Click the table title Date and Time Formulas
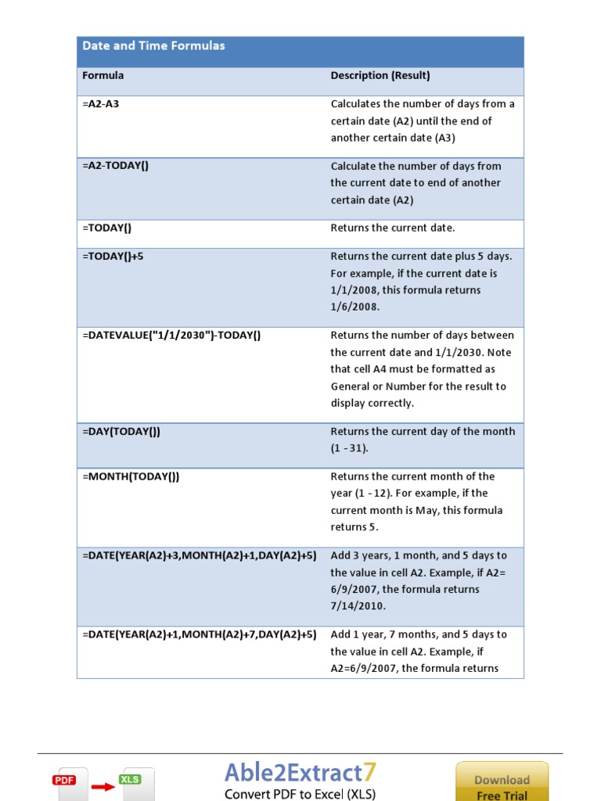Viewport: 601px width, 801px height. (153, 46)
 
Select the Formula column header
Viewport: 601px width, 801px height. (103, 76)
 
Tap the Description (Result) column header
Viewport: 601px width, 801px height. (380, 76)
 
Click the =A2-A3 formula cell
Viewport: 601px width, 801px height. (101, 104)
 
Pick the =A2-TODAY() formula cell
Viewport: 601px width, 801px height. (115, 166)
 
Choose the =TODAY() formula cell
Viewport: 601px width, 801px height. (107, 228)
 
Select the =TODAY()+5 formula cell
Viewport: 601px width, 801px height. (113, 257)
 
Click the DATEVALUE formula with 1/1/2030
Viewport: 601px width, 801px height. (171, 336)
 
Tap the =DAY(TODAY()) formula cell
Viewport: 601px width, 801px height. (121, 432)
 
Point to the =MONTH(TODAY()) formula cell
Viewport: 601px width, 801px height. (131, 476)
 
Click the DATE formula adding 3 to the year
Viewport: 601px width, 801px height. (200, 555)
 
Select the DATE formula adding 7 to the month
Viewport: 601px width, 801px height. (200, 634)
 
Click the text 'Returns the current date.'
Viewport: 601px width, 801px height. (392, 228)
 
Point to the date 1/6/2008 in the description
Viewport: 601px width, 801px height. (354, 307)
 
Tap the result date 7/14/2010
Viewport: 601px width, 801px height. (358, 606)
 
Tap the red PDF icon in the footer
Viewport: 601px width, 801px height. (64, 780)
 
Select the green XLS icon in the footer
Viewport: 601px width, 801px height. (129, 779)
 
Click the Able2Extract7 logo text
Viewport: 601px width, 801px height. (300, 774)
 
